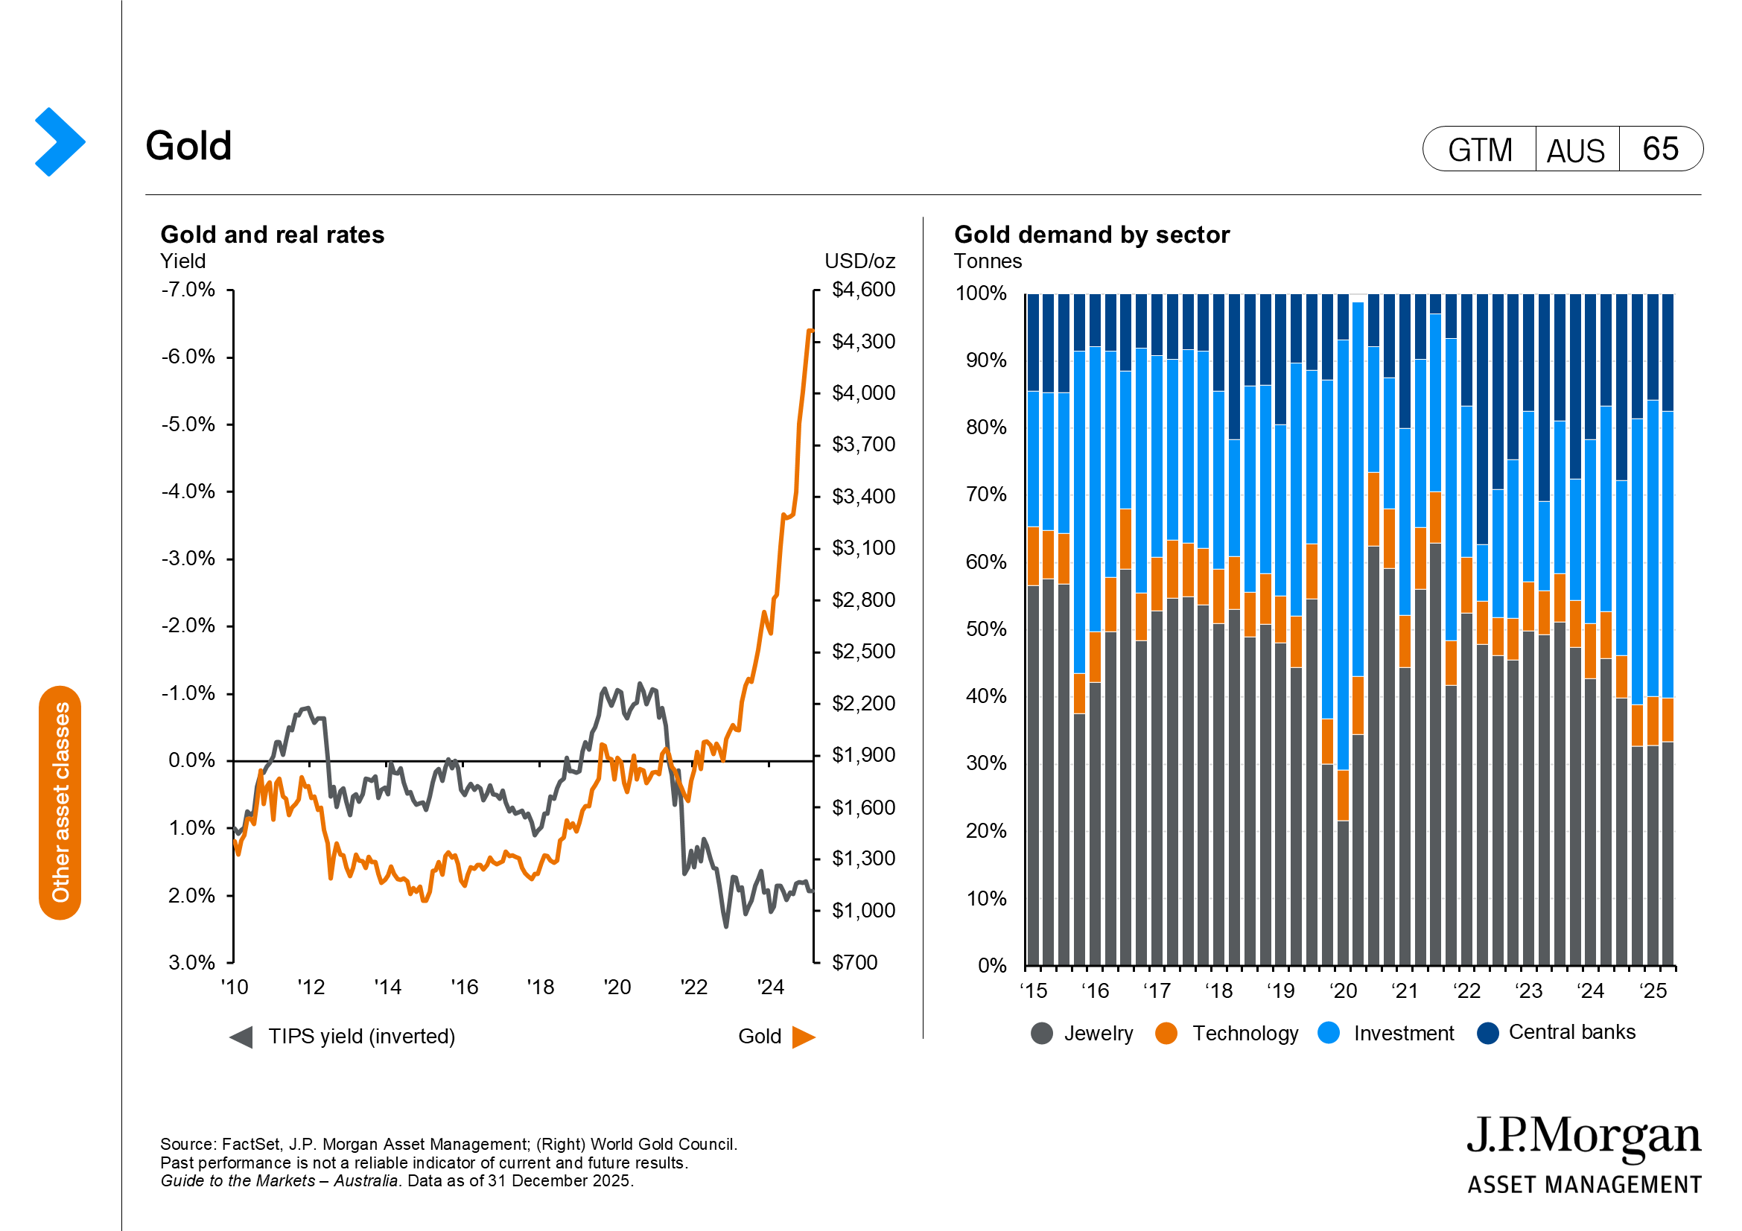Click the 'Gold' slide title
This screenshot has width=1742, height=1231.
(x=188, y=146)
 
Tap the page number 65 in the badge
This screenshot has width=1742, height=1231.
(x=1660, y=149)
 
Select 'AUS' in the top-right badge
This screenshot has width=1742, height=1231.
(x=1576, y=150)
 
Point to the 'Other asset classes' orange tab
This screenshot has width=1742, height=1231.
(x=60, y=803)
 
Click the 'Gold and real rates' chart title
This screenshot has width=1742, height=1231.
(x=273, y=235)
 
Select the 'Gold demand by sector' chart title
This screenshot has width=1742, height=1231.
(x=1091, y=235)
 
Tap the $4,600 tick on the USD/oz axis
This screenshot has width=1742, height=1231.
(x=863, y=290)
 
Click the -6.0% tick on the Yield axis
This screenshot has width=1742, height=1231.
(x=188, y=357)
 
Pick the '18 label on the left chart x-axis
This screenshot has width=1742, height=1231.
(x=540, y=987)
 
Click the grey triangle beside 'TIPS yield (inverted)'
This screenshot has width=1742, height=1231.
(x=241, y=1037)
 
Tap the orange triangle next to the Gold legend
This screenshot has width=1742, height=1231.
(x=803, y=1037)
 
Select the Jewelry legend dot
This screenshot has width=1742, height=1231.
(x=1042, y=1033)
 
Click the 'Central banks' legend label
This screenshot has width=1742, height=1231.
(x=1571, y=1032)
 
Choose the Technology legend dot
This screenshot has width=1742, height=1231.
(x=1166, y=1033)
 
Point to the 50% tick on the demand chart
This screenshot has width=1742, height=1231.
(x=985, y=629)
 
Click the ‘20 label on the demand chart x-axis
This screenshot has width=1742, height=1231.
(x=1343, y=990)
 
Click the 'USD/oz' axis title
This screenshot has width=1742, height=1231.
(x=859, y=261)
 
